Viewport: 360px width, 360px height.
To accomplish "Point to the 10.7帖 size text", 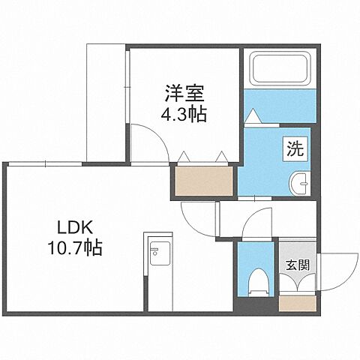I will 73,247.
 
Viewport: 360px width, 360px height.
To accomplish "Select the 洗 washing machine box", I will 292,148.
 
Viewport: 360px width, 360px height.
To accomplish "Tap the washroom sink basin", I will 299,182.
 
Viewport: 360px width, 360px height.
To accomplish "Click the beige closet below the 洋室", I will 202,180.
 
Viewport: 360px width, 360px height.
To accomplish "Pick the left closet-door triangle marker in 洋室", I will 184,157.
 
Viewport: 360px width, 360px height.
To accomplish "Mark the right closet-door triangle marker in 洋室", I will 220,157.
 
